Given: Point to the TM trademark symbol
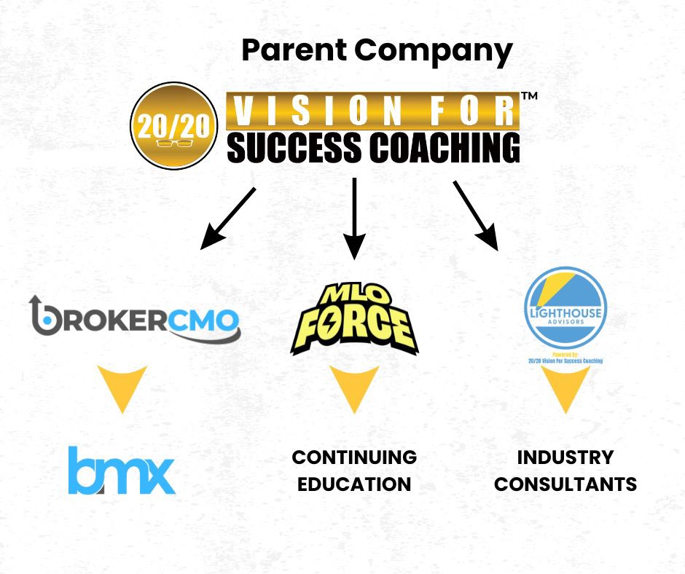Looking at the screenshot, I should point(530,98).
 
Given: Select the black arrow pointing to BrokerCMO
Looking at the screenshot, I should point(228,218).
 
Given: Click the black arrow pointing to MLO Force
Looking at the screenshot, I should point(354,218).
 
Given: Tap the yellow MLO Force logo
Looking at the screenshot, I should point(354,321).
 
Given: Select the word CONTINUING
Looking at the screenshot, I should point(354,457).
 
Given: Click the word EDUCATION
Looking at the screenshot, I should point(354,484).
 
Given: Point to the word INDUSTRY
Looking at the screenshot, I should point(565,457).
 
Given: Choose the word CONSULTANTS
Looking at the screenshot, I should point(565,484).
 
